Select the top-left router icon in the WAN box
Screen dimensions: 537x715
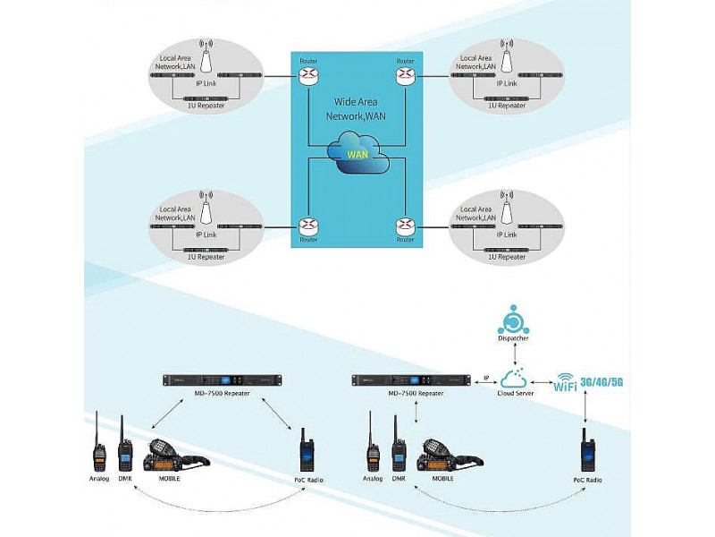tap(307, 74)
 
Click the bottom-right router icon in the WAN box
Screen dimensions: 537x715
tap(406, 225)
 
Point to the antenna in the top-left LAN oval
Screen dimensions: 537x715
tap(206, 57)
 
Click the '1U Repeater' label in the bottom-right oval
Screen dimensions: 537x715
tap(506, 258)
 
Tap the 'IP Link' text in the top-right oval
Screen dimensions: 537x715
tap(505, 83)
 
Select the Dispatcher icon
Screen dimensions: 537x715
tap(513, 323)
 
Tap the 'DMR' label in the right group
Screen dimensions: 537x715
tap(399, 479)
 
